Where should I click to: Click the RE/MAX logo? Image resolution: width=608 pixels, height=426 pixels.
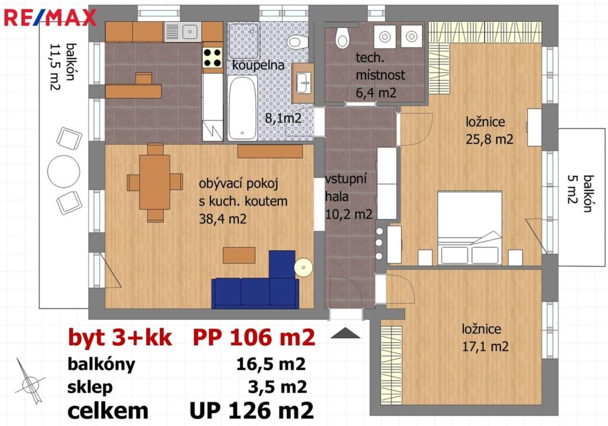[50, 18]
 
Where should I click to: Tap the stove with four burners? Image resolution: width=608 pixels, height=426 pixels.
[212, 57]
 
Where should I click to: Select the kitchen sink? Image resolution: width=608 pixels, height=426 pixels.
[182, 32]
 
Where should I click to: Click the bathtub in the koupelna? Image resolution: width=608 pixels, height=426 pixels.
[243, 108]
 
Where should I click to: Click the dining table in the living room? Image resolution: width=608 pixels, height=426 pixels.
[154, 182]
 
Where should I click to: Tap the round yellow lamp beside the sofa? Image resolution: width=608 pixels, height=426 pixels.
[303, 267]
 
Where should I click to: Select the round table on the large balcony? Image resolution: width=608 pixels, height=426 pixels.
[64, 171]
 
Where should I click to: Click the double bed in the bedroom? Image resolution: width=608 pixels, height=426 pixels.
[469, 228]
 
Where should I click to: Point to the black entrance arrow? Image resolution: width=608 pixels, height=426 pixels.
[345, 333]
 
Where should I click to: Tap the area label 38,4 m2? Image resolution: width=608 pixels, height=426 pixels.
[223, 219]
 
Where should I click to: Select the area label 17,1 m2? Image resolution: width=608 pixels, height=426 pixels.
[485, 346]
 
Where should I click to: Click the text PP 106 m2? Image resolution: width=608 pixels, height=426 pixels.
[254, 338]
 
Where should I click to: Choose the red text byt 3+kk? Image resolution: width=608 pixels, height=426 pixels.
[120, 338]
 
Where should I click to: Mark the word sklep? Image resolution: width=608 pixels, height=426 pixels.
[90, 387]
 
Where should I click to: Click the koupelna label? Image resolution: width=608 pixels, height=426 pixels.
[258, 65]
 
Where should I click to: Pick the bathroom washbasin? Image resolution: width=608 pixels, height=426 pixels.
[303, 83]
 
